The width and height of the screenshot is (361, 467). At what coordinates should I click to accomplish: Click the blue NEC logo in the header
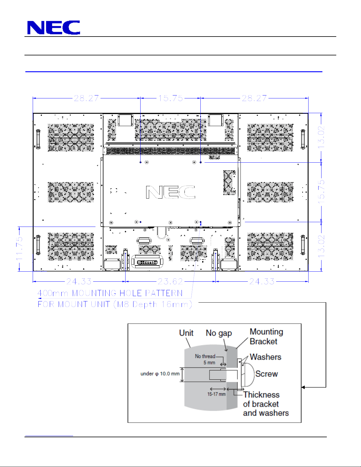coord(54,27)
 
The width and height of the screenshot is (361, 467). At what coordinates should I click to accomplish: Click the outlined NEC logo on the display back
coord(170,192)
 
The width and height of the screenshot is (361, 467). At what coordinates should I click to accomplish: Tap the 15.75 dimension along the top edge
coord(171,98)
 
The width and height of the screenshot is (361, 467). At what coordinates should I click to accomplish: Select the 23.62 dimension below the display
coord(170,281)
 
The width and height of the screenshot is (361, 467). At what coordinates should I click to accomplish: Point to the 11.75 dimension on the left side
coord(19,249)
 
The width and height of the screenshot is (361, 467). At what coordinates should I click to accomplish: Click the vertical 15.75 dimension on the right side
coord(321,192)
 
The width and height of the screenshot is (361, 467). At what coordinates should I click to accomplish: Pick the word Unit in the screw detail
coord(186,333)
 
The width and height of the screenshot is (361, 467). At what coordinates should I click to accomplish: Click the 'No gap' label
coord(219,333)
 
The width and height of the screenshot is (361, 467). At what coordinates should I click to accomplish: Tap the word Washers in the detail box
coord(266,357)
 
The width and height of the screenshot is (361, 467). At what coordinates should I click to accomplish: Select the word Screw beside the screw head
coord(266,374)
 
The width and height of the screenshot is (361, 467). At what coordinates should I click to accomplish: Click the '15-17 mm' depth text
coord(216,394)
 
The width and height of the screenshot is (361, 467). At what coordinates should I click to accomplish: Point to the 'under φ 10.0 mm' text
coord(160,374)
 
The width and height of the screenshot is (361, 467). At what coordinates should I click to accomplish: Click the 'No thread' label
coord(205,356)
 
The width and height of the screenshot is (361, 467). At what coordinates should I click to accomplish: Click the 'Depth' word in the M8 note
coord(145,305)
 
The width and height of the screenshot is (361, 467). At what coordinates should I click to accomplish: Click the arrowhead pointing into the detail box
coord(303,387)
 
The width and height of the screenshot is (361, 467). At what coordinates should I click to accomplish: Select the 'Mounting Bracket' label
coord(266,336)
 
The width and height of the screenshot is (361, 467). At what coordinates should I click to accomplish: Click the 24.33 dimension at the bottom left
coord(79,281)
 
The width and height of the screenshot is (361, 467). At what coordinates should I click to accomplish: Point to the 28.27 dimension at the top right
coord(254,98)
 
